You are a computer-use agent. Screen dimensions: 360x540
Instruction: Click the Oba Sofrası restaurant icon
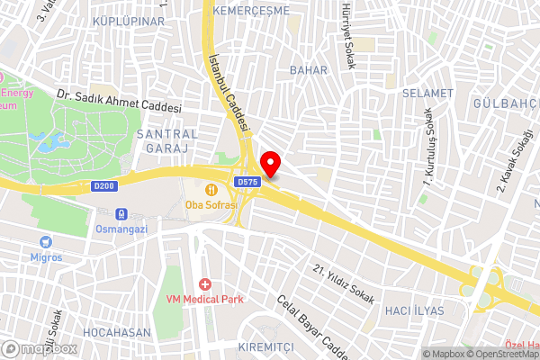tap(211, 189)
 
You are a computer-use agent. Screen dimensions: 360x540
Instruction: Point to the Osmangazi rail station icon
tap(120, 214)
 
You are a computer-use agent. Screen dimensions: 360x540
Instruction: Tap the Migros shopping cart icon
tap(46, 241)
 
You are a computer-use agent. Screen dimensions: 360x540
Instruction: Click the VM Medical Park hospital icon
tap(205, 283)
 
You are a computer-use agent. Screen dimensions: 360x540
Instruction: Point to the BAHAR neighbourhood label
tap(308, 69)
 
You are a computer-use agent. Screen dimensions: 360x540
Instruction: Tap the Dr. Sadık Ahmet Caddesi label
tap(120, 102)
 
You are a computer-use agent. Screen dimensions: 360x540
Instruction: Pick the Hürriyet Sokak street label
tap(346, 37)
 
